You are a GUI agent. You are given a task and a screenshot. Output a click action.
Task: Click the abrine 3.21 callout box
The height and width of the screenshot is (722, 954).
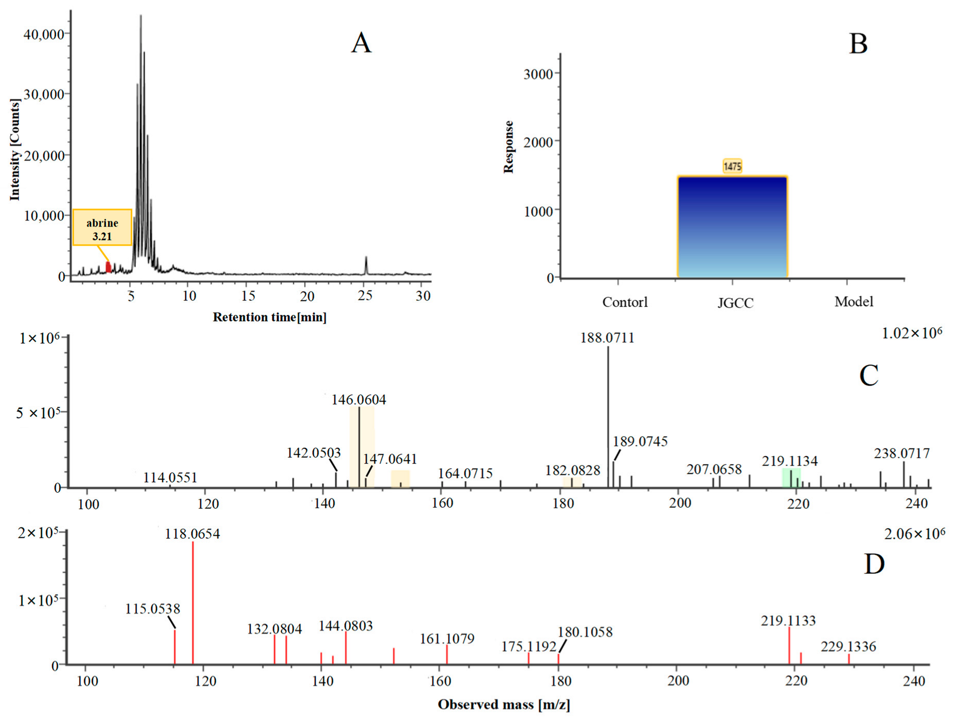102,228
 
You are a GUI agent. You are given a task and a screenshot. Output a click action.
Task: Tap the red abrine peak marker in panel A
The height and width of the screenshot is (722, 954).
108,267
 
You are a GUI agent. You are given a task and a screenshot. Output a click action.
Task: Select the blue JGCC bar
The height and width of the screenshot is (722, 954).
732,227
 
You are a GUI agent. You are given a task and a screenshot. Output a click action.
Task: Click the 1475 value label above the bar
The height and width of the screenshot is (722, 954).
732,166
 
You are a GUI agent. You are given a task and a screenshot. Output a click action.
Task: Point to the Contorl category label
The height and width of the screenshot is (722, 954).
625,302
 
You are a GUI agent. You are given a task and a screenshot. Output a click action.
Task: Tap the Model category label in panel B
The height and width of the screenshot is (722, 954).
854,301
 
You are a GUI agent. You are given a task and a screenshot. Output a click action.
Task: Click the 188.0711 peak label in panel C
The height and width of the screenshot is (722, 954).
607,338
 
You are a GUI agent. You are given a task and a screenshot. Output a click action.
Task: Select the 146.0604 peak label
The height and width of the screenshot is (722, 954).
359,399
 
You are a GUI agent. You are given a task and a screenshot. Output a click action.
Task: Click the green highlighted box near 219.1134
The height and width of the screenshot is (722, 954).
791,477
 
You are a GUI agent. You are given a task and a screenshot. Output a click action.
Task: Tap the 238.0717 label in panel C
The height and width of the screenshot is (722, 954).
902,453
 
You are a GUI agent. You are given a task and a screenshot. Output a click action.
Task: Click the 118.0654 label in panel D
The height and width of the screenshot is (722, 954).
192,534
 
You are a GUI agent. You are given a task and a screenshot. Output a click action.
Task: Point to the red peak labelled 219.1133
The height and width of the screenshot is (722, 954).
789,645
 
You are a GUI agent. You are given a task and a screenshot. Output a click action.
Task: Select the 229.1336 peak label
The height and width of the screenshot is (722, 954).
848,647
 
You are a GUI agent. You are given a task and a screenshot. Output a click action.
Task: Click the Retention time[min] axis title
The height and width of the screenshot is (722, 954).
269,317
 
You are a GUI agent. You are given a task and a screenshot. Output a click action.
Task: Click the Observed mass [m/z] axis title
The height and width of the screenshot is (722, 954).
504,704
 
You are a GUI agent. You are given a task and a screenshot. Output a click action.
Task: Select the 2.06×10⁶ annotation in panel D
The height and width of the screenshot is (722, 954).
914,534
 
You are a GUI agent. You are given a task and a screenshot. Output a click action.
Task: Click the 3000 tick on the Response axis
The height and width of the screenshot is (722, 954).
538,74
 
